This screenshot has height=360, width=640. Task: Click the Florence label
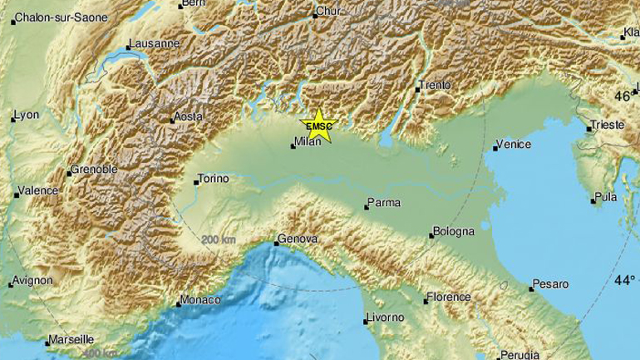pos(448,297)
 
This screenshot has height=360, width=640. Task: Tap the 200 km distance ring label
pos(217,240)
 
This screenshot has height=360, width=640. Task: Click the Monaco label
pos(201,299)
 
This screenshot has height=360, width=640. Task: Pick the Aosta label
pos(187,117)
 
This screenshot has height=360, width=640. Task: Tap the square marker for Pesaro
pos(531,289)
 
